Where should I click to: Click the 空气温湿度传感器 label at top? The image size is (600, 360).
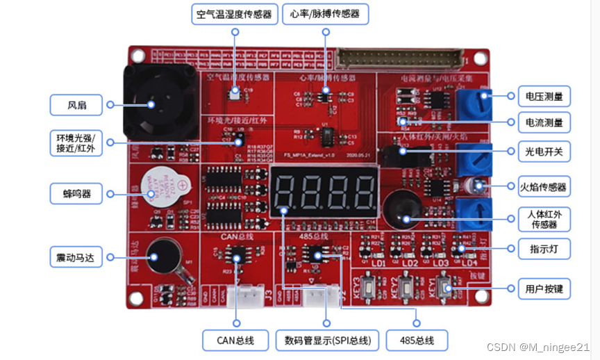(235, 14)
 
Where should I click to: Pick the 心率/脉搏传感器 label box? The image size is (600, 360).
(325, 14)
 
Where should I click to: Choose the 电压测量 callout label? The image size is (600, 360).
(544, 95)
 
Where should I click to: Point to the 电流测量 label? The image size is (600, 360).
(544, 123)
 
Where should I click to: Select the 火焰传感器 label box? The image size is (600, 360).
(544, 186)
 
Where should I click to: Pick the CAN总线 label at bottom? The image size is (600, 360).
(236, 340)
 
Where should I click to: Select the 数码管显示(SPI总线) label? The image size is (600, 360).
(327, 340)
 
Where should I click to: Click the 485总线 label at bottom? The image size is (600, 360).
(417, 340)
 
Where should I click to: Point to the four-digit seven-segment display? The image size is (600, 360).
(324, 190)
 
